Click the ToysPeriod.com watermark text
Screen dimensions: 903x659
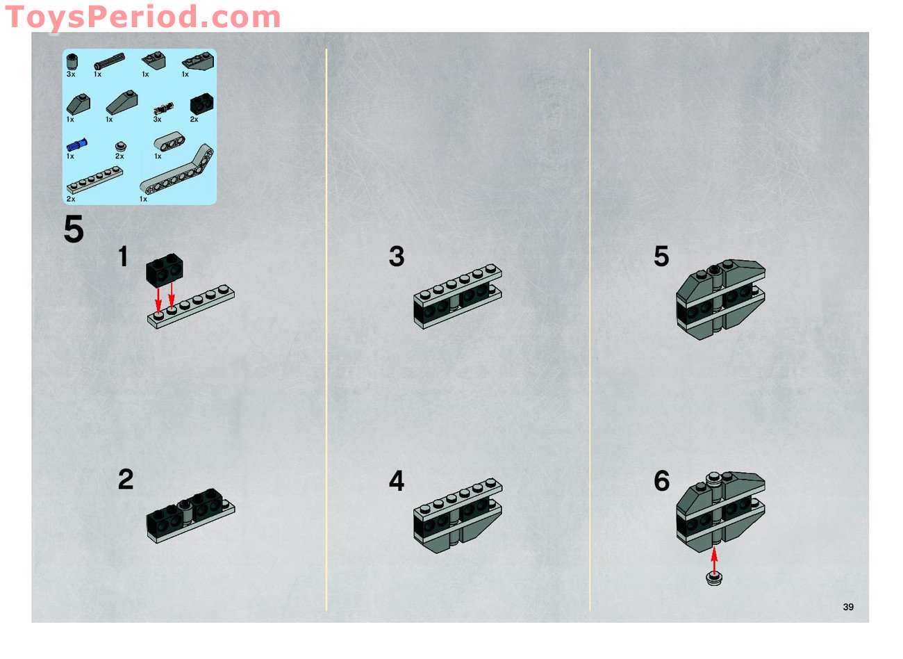point(142,17)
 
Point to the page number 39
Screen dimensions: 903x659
point(847,607)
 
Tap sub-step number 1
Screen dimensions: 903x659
point(123,257)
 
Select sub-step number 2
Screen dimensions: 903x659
point(125,480)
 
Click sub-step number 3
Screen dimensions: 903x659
point(397,257)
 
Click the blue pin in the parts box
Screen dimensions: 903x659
point(76,144)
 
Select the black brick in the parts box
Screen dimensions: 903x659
point(201,104)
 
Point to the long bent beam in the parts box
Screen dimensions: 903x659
point(177,170)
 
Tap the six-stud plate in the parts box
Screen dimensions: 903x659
point(94,180)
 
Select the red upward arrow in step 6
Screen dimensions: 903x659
point(714,560)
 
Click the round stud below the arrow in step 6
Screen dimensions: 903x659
point(714,579)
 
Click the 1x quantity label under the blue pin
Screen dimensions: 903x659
point(70,156)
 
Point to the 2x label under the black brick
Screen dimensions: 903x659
point(194,120)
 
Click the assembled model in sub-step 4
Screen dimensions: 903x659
point(458,515)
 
